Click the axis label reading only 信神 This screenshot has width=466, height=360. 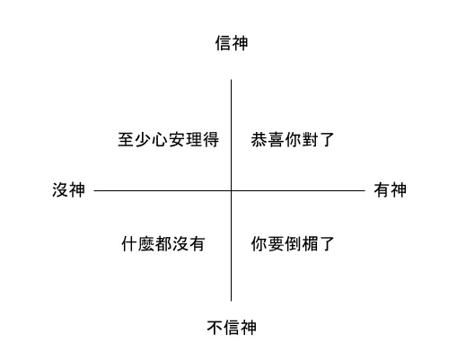tap(232, 43)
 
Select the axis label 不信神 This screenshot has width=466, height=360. tap(232, 328)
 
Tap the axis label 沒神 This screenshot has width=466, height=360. tap(68, 190)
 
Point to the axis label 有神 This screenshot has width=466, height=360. tap(390, 190)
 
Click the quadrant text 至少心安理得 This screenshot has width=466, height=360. tap(168, 139)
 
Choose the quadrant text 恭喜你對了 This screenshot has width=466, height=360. tap(293, 139)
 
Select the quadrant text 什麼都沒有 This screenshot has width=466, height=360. tap(163, 243)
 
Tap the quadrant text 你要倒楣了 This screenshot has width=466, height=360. tap(293, 243)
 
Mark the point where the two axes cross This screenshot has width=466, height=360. tap(231, 190)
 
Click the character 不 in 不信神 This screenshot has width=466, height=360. tap(215, 328)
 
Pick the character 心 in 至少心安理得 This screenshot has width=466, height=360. tap(160, 139)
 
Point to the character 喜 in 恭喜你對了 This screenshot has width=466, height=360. tap(276, 139)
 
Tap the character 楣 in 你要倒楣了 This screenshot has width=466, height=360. tap(310, 243)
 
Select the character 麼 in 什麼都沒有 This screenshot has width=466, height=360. tap(146, 243)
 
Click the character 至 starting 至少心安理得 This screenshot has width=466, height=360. tap(126, 139)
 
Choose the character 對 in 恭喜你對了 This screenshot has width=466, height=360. tap(310, 139)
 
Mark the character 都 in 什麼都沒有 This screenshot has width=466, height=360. tap(163, 243)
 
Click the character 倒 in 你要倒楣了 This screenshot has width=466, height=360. tap(293, 243)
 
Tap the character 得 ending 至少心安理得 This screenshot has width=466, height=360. tap(211, 139)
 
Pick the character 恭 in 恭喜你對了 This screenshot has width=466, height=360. tap(259, 139)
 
